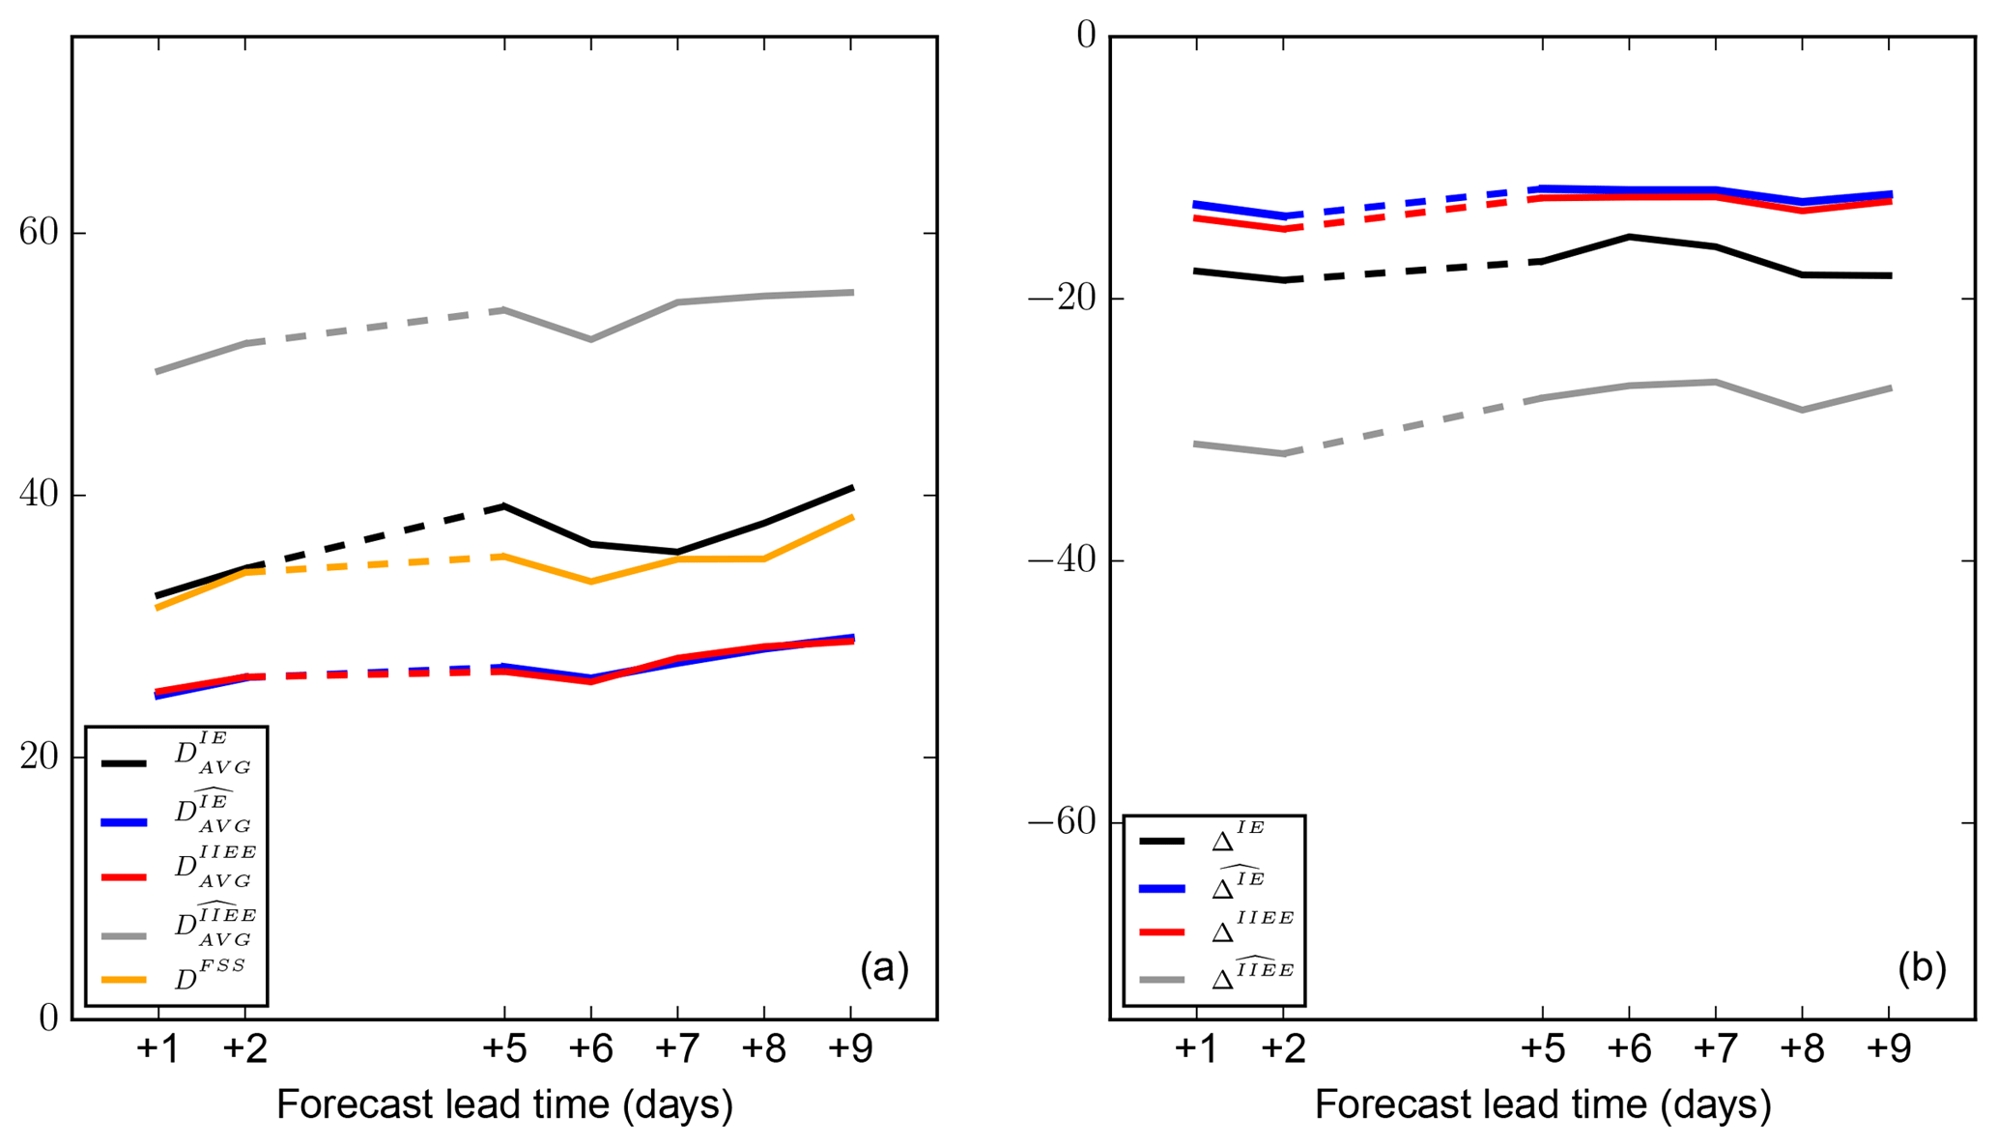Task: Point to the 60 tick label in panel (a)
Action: (x=39, y=233)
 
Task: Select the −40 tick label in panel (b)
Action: (x=1061, y=560)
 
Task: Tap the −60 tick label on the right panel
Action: (x=1061, y=822)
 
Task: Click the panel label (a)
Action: (x=884, y=968)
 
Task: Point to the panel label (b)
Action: (x=1922, y=968)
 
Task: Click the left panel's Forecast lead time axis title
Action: (x=504, y=1104)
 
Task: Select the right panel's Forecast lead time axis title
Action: (x=1542, y=1104)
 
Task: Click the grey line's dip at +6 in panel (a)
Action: (x=590, y=339)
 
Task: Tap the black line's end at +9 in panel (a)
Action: (x=851, y=487)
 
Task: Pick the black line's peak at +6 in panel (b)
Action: (x=1629, y=236)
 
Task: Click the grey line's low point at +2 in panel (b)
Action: (x=1284, y=453)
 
